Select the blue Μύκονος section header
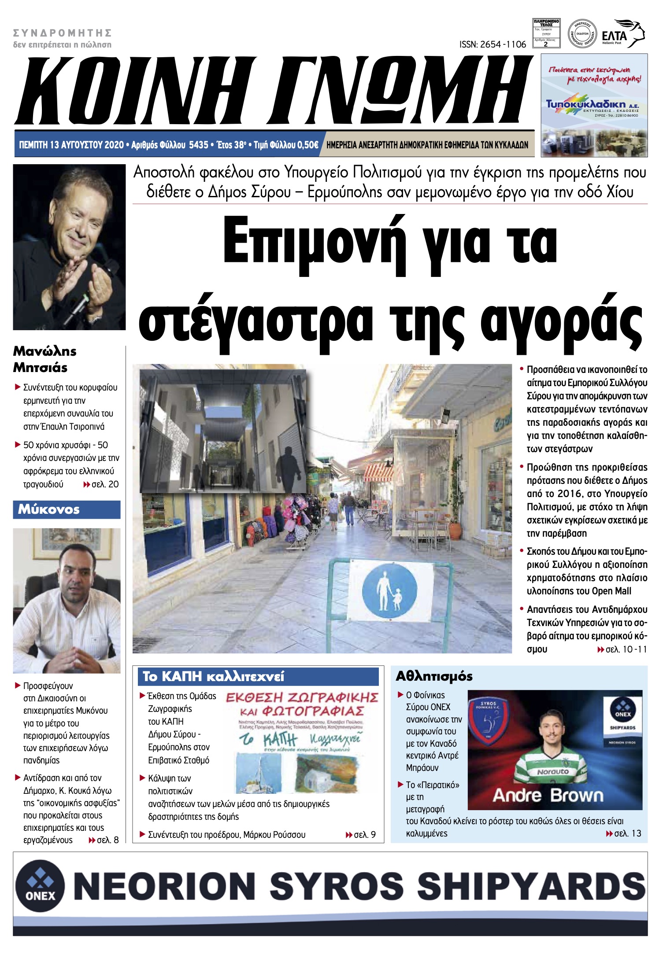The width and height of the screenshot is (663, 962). [67, 509]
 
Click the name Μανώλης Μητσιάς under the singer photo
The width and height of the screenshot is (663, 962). [44, 359]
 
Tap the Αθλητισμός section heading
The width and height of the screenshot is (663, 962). [434, 676]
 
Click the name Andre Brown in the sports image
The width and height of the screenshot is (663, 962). [548, 795]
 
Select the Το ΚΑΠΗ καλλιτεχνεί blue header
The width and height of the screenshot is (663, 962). [214, 677]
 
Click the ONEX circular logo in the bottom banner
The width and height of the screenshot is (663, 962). [40, 885]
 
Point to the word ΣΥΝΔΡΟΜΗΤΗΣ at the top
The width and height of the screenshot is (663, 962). [62, 33]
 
